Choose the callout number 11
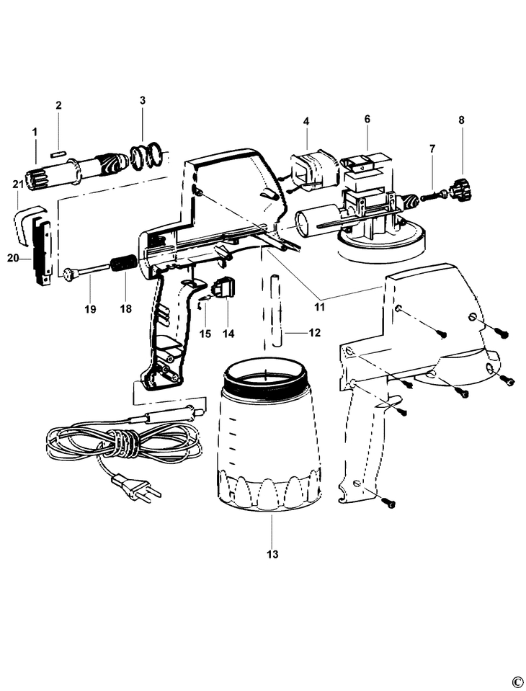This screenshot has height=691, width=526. (319, 307)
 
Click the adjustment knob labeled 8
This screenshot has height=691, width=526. (458, 191)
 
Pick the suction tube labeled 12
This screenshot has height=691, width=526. (276, 310)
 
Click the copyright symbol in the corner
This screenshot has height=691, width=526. (516, 682)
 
